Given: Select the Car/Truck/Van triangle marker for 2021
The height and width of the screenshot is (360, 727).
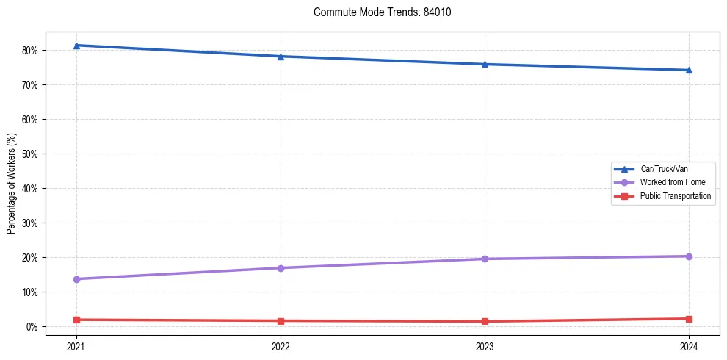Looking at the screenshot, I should pos(76,46).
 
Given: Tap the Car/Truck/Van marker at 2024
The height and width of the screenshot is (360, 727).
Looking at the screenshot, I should pos(689,71).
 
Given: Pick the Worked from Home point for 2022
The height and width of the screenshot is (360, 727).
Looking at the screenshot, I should pos(281,268).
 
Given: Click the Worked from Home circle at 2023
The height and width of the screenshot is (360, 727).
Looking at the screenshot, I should pos(485,259).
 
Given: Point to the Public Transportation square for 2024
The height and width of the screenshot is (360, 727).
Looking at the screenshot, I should pos(689,319).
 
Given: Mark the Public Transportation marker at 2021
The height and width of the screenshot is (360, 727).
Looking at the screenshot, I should pos(76,320).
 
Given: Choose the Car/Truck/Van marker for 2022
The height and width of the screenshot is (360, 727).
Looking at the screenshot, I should pos(281,57).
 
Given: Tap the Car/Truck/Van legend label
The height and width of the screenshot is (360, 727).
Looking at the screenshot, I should pos(664,168).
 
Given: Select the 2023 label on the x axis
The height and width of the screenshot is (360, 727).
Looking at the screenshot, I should pos(485,346).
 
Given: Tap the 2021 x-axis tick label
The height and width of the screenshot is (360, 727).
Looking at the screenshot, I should pos(76,346).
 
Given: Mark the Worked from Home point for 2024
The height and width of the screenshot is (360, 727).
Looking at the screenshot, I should pos(689,256).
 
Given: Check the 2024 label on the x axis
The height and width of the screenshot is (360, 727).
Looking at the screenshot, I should pos(689,346).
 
